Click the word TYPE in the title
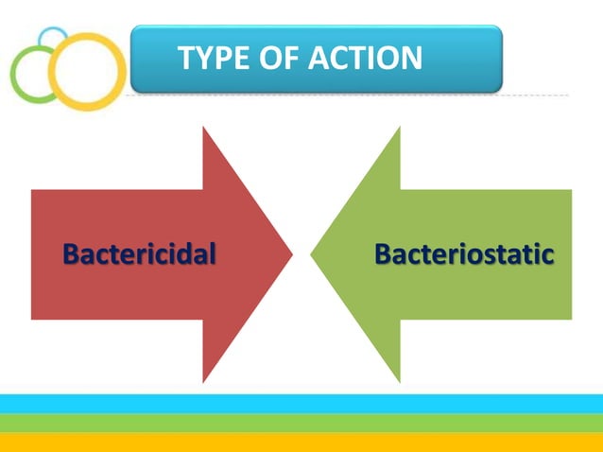[211, 59]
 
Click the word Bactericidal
[139, 254]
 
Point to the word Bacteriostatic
[463, 254]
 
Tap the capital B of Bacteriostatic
[384, 254]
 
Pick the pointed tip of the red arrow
[291, 253]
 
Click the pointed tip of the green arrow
[311, 253]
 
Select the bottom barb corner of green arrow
[400, 381]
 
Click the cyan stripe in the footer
[301, 403]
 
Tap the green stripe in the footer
[301, 423]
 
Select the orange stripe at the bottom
[301, 442]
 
